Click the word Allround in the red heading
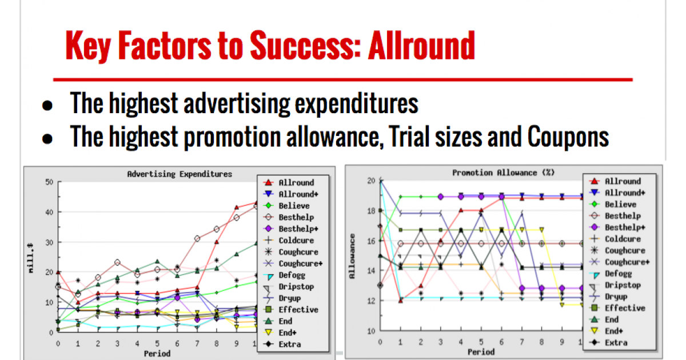tap(421, 46)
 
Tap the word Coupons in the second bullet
tap(568, 137)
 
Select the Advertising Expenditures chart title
tap(180, 174)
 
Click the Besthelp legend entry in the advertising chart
tap(289, 217)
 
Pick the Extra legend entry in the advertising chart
tap(282, 344)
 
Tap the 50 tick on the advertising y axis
tap(49, 182)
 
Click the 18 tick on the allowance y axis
tap(371, 211)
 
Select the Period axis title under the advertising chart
tap(157, 354)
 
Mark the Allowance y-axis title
tap(352, 256)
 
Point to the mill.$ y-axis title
tap(31, 258)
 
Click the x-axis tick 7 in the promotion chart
tap(522, 342)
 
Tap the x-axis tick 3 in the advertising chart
tap(117, 343)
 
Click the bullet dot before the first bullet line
tap(47, 105)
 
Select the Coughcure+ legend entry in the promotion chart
tap(619, 262)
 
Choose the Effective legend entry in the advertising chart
tap(291, 310)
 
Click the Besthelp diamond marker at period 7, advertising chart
tap(197, 238)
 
